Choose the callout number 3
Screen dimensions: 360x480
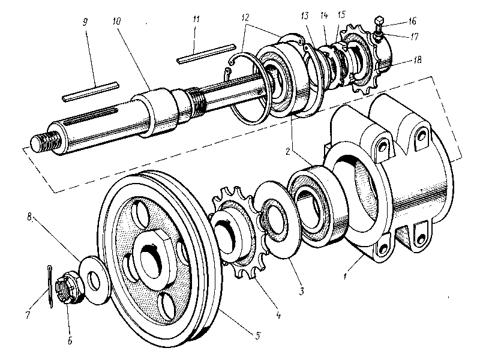tap(302, 292)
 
